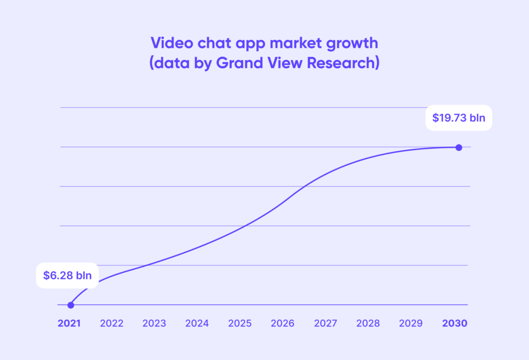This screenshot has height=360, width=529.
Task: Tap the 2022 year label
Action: point(112,324)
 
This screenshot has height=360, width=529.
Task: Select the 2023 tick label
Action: point(154,324)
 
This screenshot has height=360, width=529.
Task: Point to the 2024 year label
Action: point(197,324)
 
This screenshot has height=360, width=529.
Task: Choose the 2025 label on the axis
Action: point(240,324)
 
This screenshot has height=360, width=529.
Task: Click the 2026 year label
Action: point(282,324)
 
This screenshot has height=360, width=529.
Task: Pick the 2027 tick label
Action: point(325,324)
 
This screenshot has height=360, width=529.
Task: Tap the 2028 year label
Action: point(368,324)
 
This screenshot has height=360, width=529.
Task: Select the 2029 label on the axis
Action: point(411,324)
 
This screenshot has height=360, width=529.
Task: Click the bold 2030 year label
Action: point(455,324)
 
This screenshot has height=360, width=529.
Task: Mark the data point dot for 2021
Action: point(71,305)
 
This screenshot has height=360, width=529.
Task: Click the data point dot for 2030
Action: point(459,147)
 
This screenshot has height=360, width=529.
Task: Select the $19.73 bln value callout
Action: point(459,118)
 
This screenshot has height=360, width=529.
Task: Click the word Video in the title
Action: point(168,42)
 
